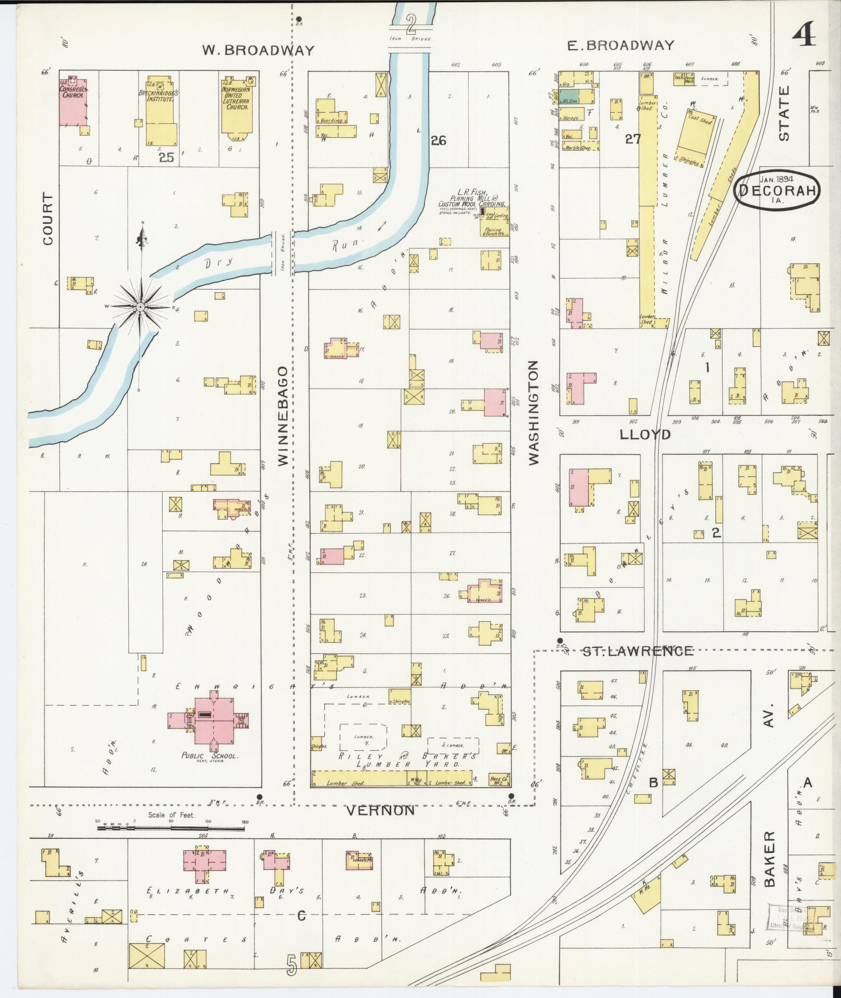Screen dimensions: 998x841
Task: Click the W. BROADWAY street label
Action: pos(258,50)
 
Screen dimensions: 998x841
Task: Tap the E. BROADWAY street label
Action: pos(620,45)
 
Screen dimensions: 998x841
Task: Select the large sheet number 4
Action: pos(805,37)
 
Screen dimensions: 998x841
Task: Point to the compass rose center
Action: pos(140,307)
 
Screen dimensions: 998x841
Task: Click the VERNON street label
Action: pos(381,810)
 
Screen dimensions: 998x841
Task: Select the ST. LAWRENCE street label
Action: pos(637,651)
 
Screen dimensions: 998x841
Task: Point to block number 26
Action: pos(438,140)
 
